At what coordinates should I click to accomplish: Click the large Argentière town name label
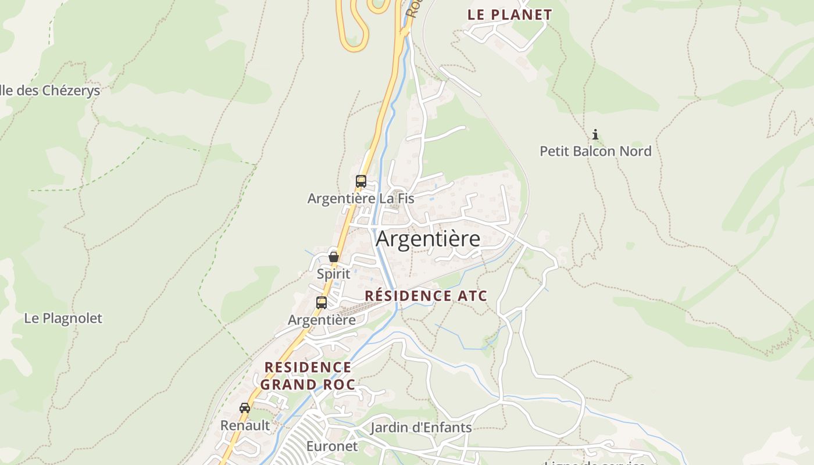click(x=428, y=239)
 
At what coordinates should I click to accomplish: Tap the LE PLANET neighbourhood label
click(x=509, y=15)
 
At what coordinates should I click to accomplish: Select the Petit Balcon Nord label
click(x=595, y=151)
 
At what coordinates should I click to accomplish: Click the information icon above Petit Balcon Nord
click(x=595, y=135)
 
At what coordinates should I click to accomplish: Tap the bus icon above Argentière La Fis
click(x=361, y=181)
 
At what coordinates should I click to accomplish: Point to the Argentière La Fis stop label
click(x=360, y=199)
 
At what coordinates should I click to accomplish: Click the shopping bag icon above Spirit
click(x=334, y=256)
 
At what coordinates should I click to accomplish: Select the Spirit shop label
click(x=334, y=274)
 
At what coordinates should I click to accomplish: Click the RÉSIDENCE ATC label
click(x=426, y=296)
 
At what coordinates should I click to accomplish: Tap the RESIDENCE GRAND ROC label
click(x=308, y=375)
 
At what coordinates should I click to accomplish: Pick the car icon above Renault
click(x=245, y=408)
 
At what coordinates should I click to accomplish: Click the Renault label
click(x=245, y=425)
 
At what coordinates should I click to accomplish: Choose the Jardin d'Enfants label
click(x=421, y=428)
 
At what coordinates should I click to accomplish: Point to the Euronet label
click(x=332, y=446)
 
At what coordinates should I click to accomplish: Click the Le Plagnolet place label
click(x=63, y=319)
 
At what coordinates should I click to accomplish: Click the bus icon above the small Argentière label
click(x=322, y=303)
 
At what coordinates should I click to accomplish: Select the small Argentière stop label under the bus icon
click(x=322, y=320)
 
